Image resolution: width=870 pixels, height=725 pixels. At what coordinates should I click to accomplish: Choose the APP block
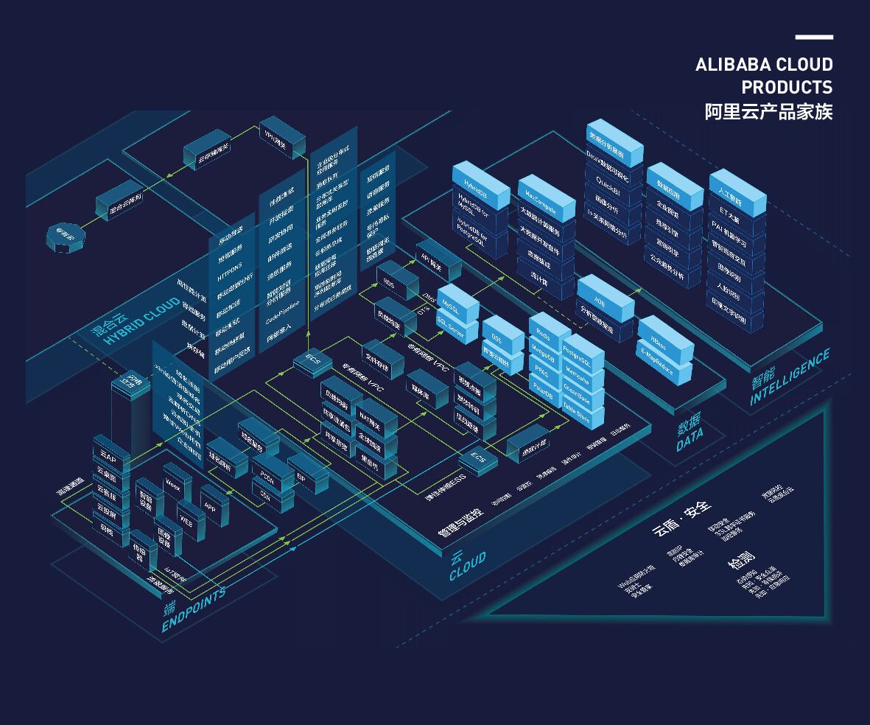click(211, 506)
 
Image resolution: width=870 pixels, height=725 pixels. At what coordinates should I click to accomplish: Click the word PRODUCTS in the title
click(787, 88)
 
